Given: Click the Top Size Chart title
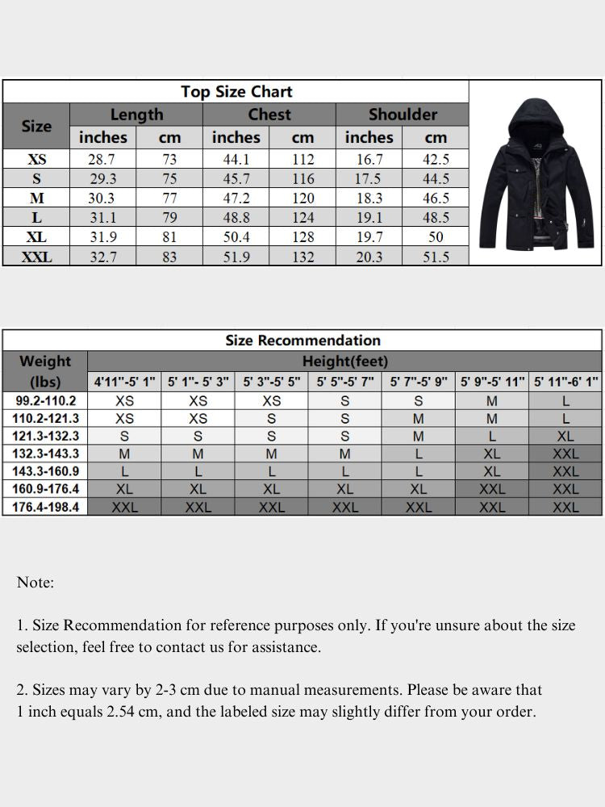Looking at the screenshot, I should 236,91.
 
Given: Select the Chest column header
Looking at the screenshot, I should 269,115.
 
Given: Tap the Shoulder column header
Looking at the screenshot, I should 403,115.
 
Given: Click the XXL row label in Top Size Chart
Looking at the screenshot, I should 36,257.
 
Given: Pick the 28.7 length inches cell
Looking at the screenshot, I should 103,160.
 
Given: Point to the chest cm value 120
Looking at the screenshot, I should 302,199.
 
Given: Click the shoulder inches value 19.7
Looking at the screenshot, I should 369,237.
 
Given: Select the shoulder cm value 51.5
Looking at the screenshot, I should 436,257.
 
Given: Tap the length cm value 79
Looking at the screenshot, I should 169,218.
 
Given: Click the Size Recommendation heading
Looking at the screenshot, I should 302,341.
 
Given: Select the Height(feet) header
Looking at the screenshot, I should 344,361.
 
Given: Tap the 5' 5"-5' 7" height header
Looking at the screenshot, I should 345,382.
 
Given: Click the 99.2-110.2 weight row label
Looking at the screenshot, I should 45,400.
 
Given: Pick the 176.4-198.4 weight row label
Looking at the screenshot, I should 45,507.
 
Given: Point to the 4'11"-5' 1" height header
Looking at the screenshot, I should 124,382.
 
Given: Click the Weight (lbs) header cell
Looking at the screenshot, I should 45,371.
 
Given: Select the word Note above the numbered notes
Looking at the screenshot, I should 35,582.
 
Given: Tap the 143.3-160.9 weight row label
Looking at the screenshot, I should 45,471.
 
